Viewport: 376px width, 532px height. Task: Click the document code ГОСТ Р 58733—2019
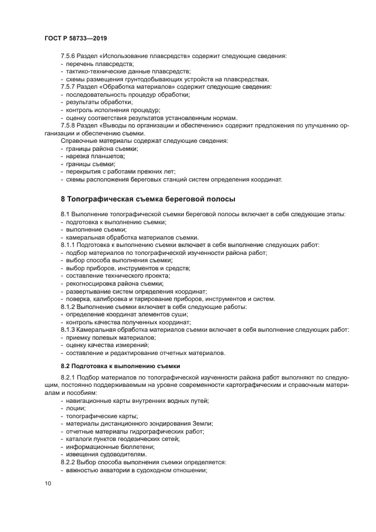[x=75, y=38]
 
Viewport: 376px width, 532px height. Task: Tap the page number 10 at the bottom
[x=48, y=482]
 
